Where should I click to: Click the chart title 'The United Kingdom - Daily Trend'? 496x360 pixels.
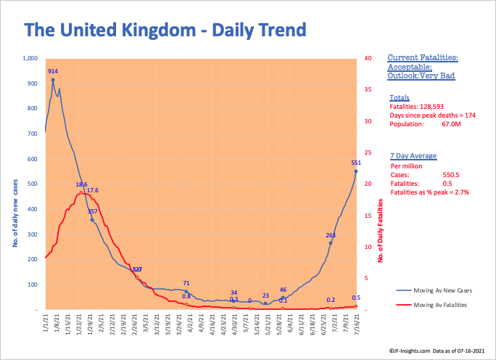tap(165, 30)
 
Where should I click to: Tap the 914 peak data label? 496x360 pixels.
tap(53, 71)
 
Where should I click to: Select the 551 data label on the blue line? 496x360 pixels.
tap(356, 163)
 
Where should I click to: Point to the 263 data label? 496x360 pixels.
tap(331, 235)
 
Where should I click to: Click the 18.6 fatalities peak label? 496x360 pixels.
tap(82, 184)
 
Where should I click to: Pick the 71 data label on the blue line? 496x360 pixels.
tap(186, 283)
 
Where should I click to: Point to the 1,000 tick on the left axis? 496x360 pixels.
tap(30, 58)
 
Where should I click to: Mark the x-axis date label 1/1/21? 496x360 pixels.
tap(45, 324)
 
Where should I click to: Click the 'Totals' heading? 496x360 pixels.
tap(399, 97)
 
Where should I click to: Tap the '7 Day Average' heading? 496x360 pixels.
tap(411, 155)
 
